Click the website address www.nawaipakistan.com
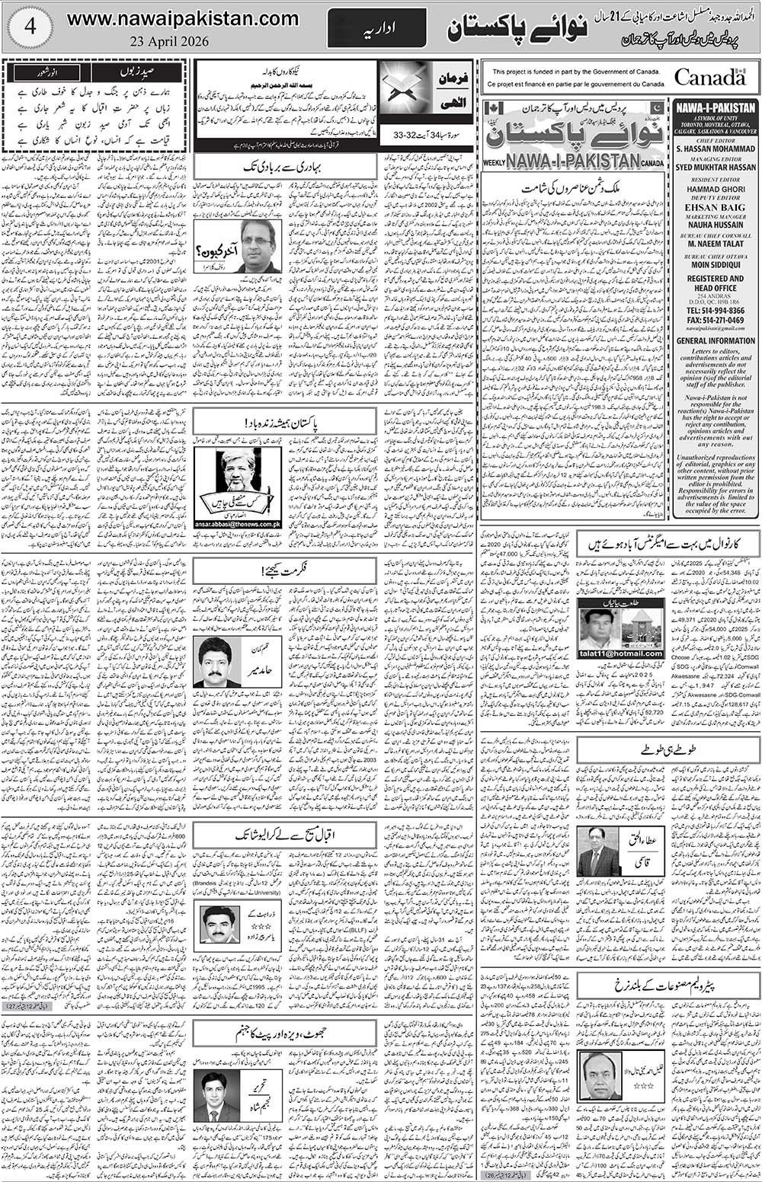[x=182, y=18]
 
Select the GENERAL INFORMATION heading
[x=715, y=341]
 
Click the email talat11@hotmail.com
[x=620, y=653]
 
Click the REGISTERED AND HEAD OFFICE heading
[x=715, y=284]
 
